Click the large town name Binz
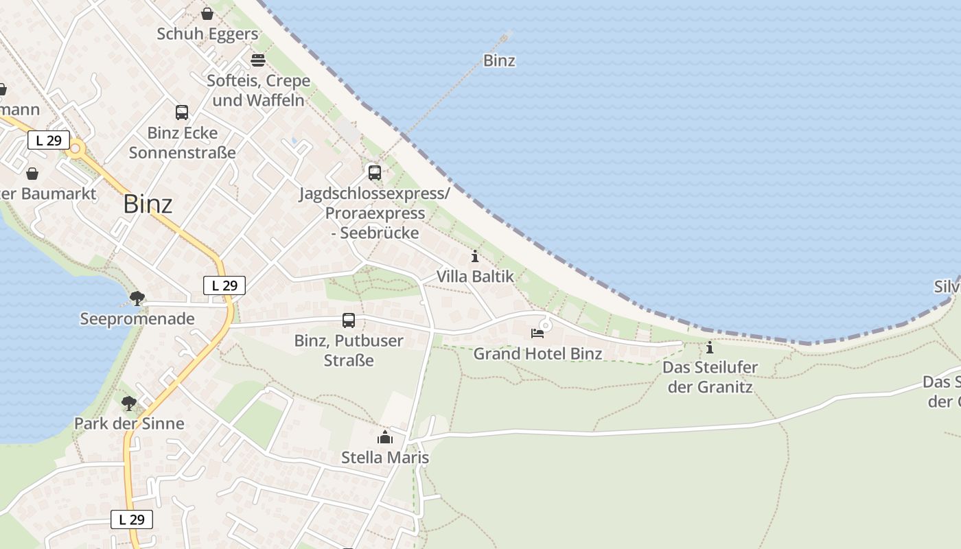click(x=148, y=204)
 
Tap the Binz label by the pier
click(x=499, y=60)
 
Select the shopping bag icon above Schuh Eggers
click(x=207, y=13)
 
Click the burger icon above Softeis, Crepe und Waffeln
click(x=258, y=60)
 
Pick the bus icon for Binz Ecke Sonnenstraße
click(x=182, y=112)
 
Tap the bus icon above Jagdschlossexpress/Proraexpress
click(x=374, y=172)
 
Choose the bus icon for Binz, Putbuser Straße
click(x=349, y=320)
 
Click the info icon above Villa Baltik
click(x=475, y=257)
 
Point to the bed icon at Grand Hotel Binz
click(x=537, y=334)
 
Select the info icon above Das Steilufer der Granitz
click(x=710, y=347)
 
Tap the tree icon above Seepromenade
click(x=137, y=298)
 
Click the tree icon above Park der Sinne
click(x=129, y=403)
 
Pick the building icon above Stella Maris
click(x=385, y=437)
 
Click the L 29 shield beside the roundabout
click(x=49, y=141)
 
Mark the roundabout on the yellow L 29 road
click(x=75, y=148)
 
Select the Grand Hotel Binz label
click(x=537, y=353)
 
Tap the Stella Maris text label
click(x=385, y=457)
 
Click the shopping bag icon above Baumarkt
click(x=32, y=174)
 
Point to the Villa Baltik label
click(x=475, y=277)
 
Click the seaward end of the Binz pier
click(x=508, y=34)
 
